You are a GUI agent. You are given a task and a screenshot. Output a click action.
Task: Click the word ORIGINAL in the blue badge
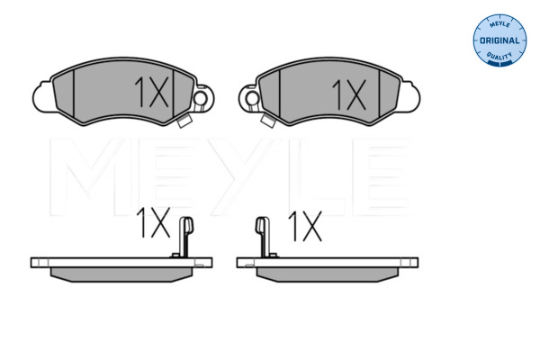499,40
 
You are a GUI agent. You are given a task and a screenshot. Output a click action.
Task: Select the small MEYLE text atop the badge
499,24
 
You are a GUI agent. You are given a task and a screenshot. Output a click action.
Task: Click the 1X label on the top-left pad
151,92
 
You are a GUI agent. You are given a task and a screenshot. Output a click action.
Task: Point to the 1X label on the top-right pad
349,94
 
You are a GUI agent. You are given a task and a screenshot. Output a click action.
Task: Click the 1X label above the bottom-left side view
153,222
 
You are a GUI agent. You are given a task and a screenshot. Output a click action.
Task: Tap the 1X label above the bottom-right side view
305,226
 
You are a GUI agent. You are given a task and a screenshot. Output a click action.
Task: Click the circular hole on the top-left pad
200,98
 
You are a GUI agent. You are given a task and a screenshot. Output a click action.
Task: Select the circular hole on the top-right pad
252,98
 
